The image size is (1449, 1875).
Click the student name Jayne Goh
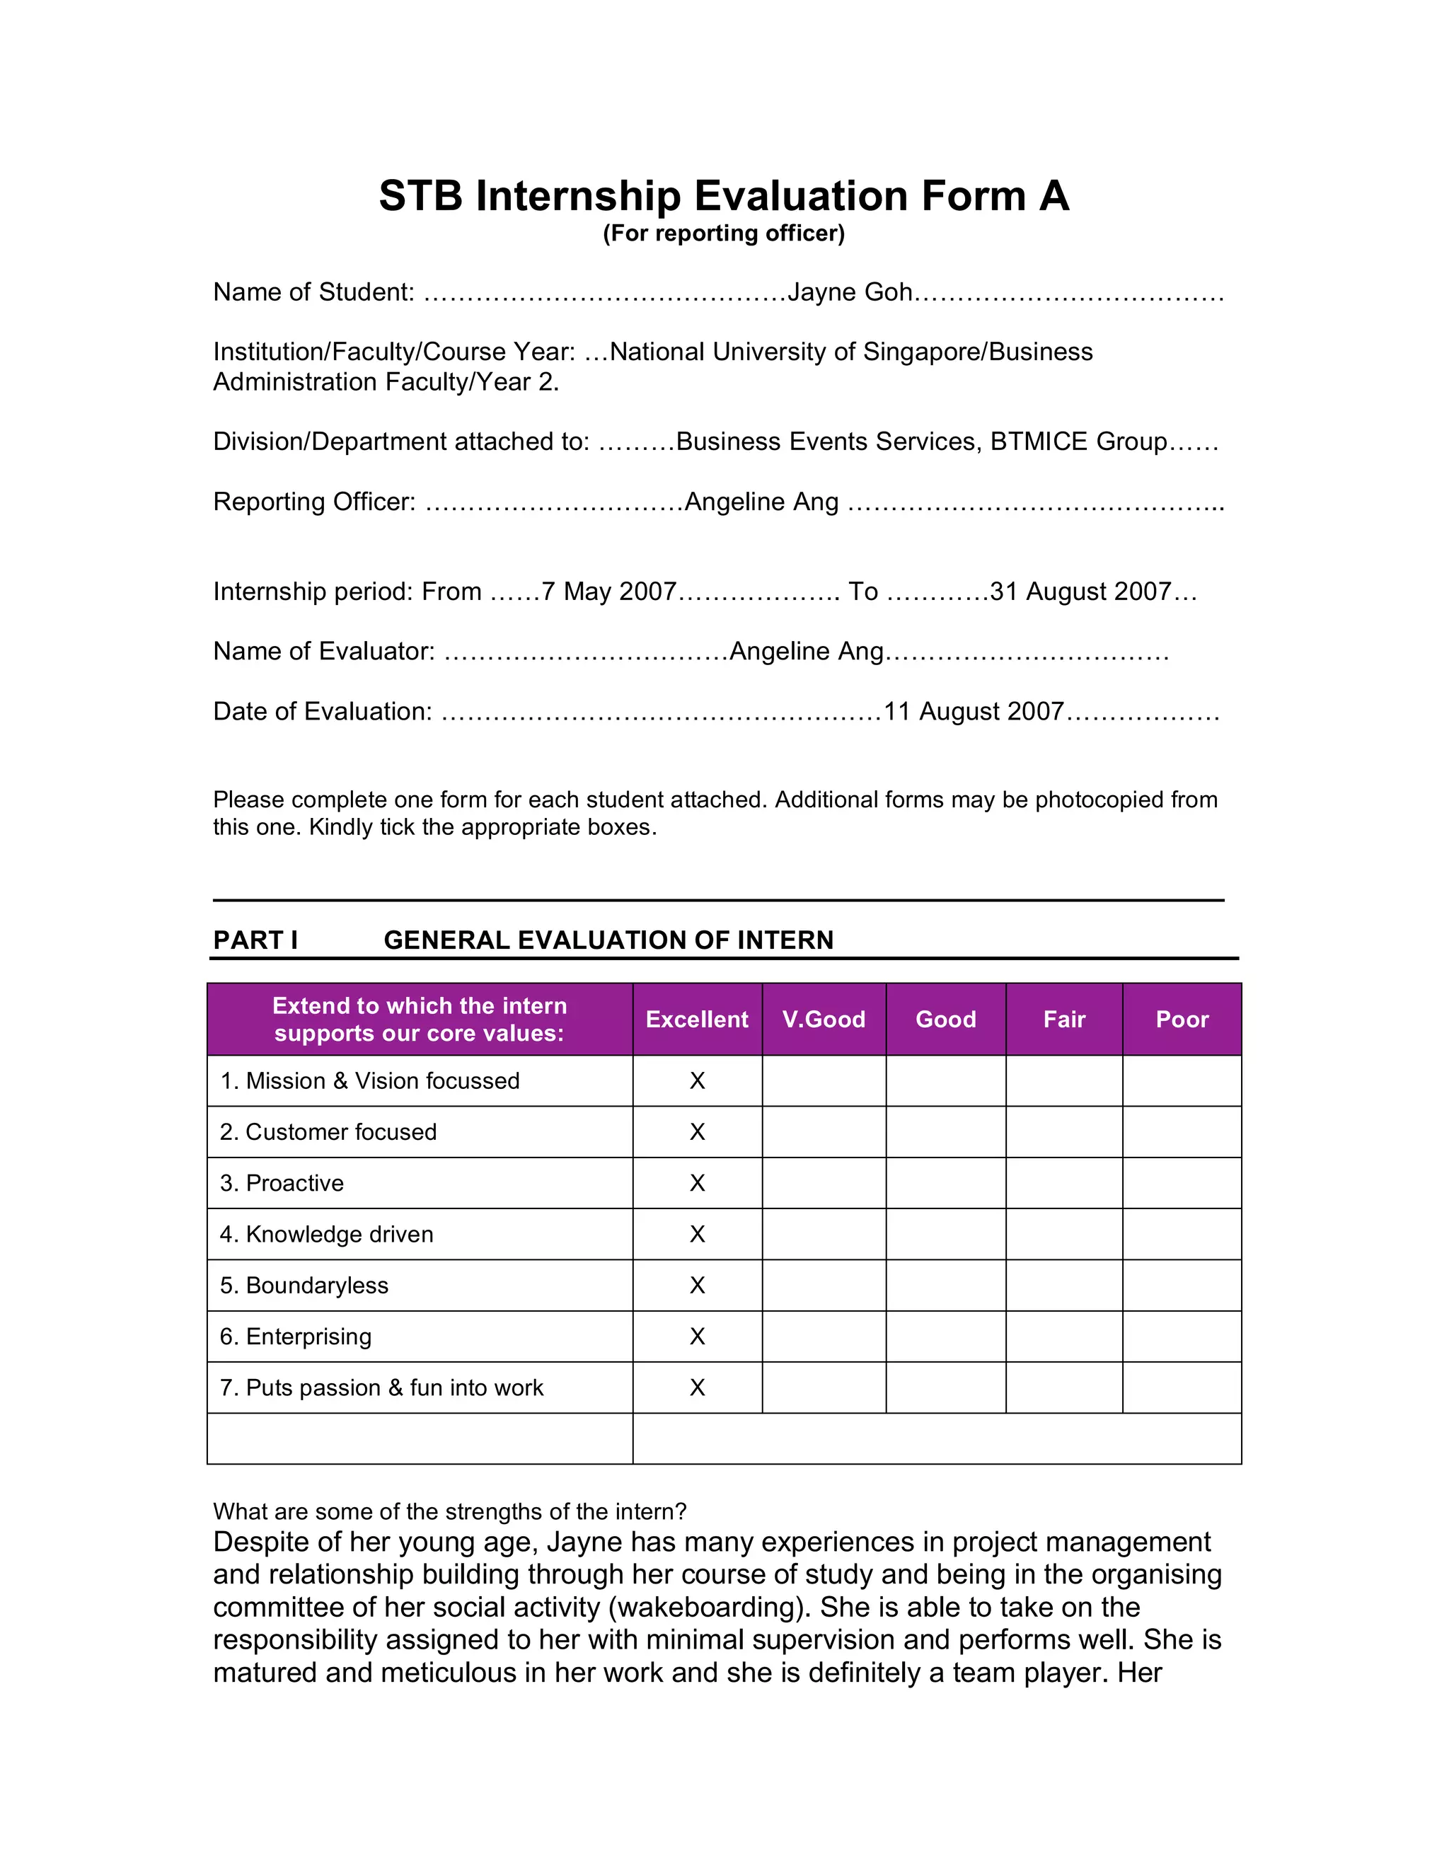pyautogui.click(x=850, y=293)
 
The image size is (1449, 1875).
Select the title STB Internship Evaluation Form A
pyautogui.click(x=724, y=196)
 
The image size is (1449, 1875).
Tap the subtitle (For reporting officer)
pyautogui.click(x=724, y=233)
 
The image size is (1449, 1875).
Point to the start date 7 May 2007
pyautogui.click(x=608, y=592)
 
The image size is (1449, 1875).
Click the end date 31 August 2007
pyautogui.click(x=1080, y=592)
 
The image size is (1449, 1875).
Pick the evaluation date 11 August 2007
pyautogui.click(x=974, y=712)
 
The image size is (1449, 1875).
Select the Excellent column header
pyautogui.click(x=697, y=1019)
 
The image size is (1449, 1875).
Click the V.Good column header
pyautogui.click(x=824, y=1019)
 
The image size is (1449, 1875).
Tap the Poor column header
pyautogui.click(x=1181, y=1019)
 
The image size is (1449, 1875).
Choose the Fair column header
pyautogui.click(x=1063, y=1019)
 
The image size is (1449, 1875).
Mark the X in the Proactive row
pyautogui.click(x=697, y=1183)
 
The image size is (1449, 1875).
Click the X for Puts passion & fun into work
pyautogui.click(x=697, y=1387)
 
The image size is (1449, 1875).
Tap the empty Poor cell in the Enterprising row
pyautogui.click(x=1181, y=1337)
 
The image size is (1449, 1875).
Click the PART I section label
pyautogui.click(x=255, y=940)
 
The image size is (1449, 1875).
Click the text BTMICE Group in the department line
pyautogui.click(x=1078, y=442)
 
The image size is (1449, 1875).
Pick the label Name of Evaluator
pyautogui.click(x=323, y=652)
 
